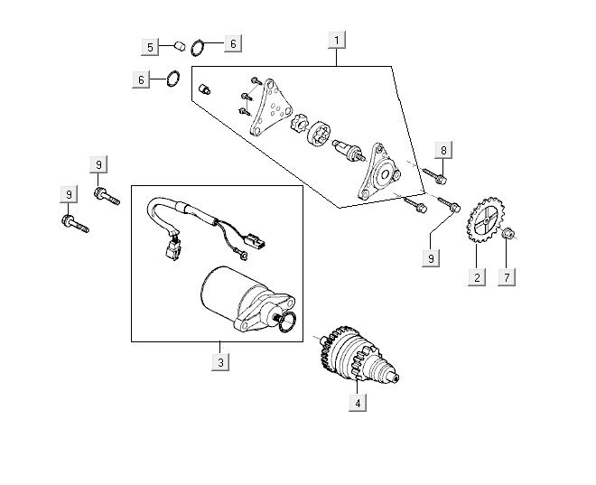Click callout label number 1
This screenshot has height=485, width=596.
tap(337, 41)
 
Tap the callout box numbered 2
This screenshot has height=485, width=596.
tap(477, 277)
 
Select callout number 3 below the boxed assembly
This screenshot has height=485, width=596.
tap(220, 362)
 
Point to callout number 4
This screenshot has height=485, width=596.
tap(358, 403)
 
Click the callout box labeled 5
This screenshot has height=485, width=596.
tap(150, 47)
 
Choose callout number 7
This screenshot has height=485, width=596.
tap(508, 277)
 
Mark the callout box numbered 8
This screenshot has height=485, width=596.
tap(443, 150)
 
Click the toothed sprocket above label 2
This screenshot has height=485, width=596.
tap(485, 220)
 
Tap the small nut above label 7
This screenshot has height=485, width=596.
tap(508, 234)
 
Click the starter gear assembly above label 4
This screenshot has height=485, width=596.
tap(359, 354)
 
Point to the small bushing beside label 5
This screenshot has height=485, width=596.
tap(180, 46)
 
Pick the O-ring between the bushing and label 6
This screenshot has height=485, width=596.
tap(197, 48)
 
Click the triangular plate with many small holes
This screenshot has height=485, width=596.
tap(271, 107)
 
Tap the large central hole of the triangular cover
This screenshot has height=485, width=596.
tap(385, 174)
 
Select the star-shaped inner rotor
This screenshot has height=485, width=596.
tap(298, 123)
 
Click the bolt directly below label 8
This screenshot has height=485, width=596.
tap(435, 176)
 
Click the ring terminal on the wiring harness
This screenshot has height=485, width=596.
tap(244, 256)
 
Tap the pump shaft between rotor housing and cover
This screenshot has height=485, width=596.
tap(349, 151)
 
